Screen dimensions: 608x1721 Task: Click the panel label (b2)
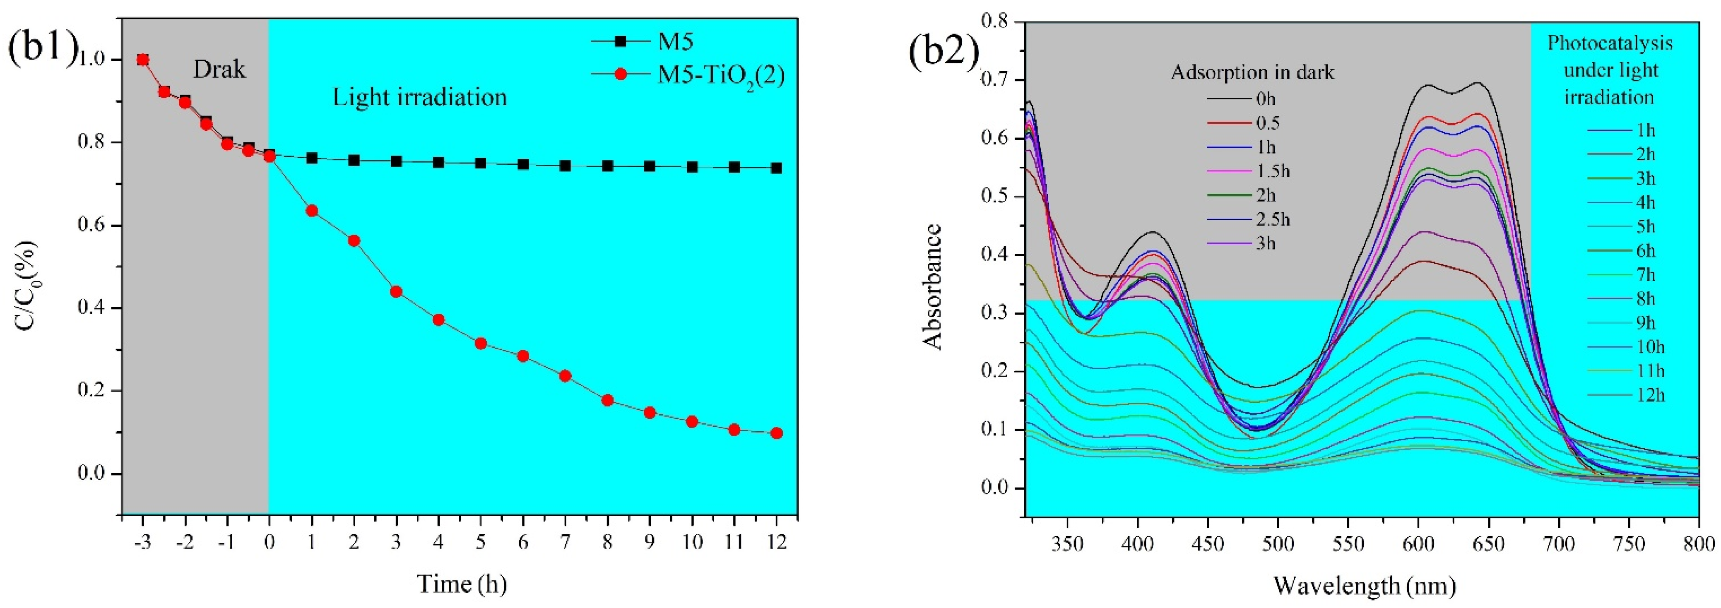point(944,51)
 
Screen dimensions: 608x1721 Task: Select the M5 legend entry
point(675,41)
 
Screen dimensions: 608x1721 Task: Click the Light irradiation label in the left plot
point(419,98)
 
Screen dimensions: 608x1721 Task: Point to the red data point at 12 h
point(776,433)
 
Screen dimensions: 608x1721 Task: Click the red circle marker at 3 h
point(396,291)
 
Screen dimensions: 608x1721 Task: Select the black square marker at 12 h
point(776,168)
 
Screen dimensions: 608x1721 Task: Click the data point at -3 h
point(142,60)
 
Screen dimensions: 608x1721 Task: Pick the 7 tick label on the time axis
point(565,541)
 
